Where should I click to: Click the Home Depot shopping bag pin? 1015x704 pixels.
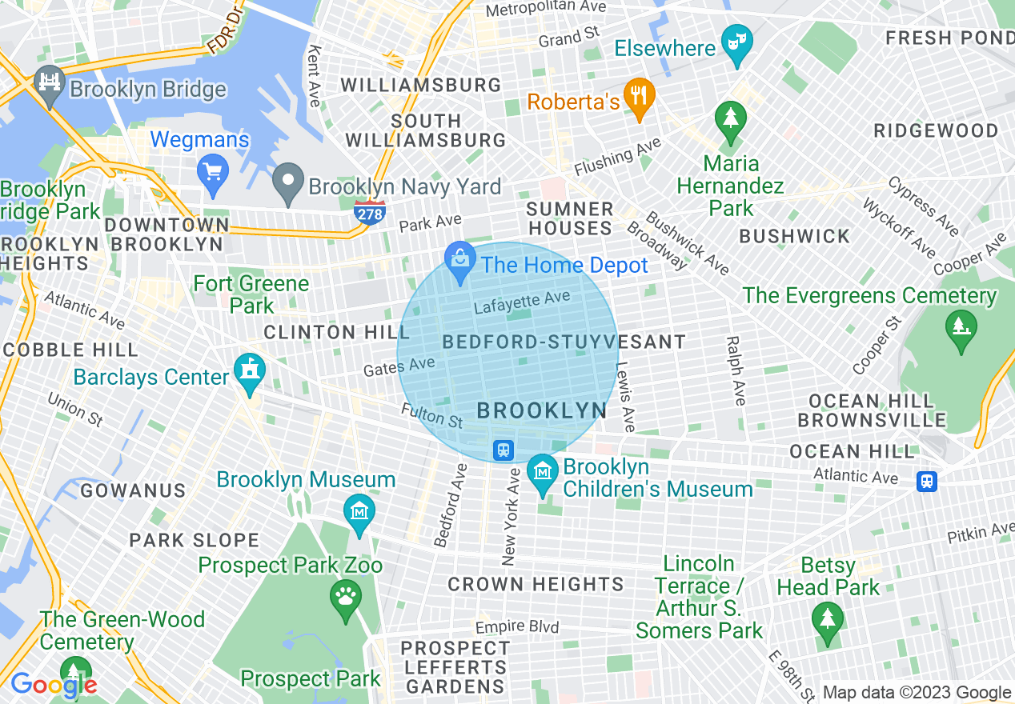(460, 261)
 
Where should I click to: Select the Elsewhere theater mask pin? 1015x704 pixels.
(736, 43)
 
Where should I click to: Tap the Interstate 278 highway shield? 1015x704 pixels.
(369, 211)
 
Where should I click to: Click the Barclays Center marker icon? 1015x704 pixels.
(250, 372)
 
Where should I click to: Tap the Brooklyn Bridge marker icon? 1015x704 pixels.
(50, 85)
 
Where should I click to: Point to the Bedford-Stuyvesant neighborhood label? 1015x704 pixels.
(564, 342)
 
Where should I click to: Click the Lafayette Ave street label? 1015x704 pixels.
(522, 302)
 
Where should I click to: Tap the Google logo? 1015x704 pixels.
(53, 685)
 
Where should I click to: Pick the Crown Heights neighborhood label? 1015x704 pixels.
(536, 585)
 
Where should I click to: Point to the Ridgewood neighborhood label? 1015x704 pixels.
(936, 130)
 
